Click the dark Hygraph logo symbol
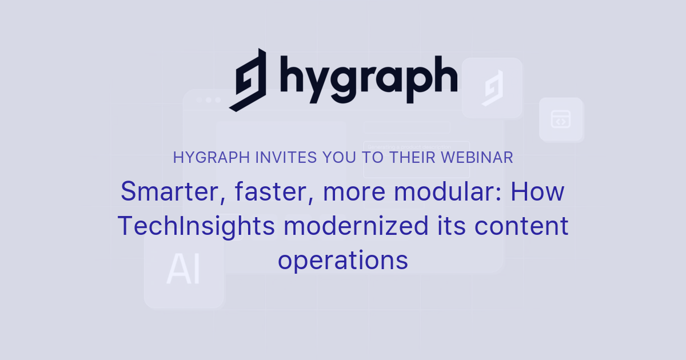tap(248, 79)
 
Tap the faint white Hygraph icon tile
tap(492, 88)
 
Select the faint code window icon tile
tap(560, 119)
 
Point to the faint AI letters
tap(184, 270)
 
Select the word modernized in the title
tap(356, 226)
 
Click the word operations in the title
tap(343, 261)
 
